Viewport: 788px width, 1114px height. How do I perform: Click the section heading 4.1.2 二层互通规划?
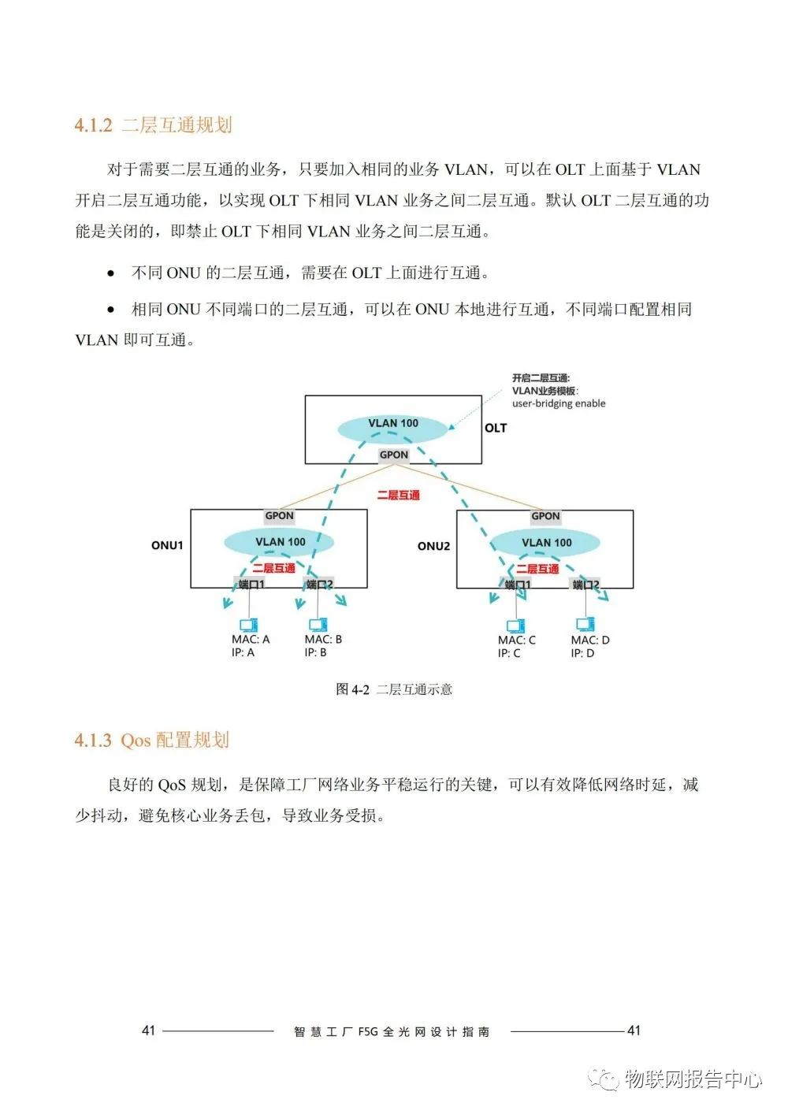153,125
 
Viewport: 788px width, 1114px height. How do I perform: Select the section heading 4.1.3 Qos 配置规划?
152,740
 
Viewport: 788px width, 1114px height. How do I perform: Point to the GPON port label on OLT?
394,455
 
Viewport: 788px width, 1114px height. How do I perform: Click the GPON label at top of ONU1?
279,516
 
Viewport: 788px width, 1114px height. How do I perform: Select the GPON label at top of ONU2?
545,516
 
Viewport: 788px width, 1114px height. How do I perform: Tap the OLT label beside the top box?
496,428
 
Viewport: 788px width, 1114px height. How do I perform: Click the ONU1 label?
167,545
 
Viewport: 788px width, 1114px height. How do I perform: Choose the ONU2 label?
433,546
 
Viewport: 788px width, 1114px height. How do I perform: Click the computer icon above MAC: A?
250,624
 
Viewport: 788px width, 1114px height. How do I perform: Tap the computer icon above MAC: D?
585,625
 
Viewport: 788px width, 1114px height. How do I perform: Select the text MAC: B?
323,640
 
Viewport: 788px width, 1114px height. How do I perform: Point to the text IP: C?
509,653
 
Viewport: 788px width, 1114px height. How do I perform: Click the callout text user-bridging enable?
559,403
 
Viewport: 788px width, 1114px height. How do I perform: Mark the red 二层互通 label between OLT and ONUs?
398,496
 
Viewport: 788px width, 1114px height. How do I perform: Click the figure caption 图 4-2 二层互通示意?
394,689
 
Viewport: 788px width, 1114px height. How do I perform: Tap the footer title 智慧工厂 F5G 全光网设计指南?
392,1031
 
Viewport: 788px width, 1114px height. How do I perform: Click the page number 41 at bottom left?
149,1030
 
